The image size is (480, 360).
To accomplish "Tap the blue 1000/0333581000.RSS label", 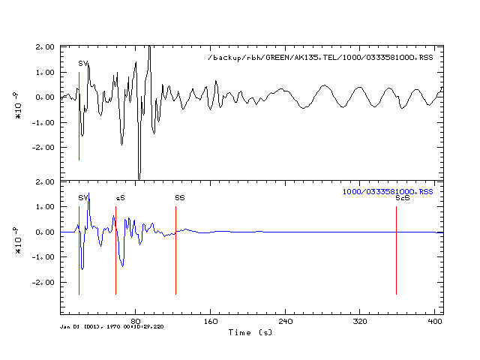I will click(x=388, y=192).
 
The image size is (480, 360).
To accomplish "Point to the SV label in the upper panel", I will click(x=83, y=64).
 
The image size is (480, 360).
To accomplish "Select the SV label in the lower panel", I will click(x=83, y=198).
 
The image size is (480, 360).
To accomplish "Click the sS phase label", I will click(x=120, y=198).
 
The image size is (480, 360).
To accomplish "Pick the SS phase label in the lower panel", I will click(x=180, y=198).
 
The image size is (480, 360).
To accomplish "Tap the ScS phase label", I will click(x=402, y=198).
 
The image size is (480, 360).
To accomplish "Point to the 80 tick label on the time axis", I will click(x=136, y=321).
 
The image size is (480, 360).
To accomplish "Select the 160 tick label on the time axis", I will click(x=211, y=321).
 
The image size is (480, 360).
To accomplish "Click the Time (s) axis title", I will click(x=250, y=331).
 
